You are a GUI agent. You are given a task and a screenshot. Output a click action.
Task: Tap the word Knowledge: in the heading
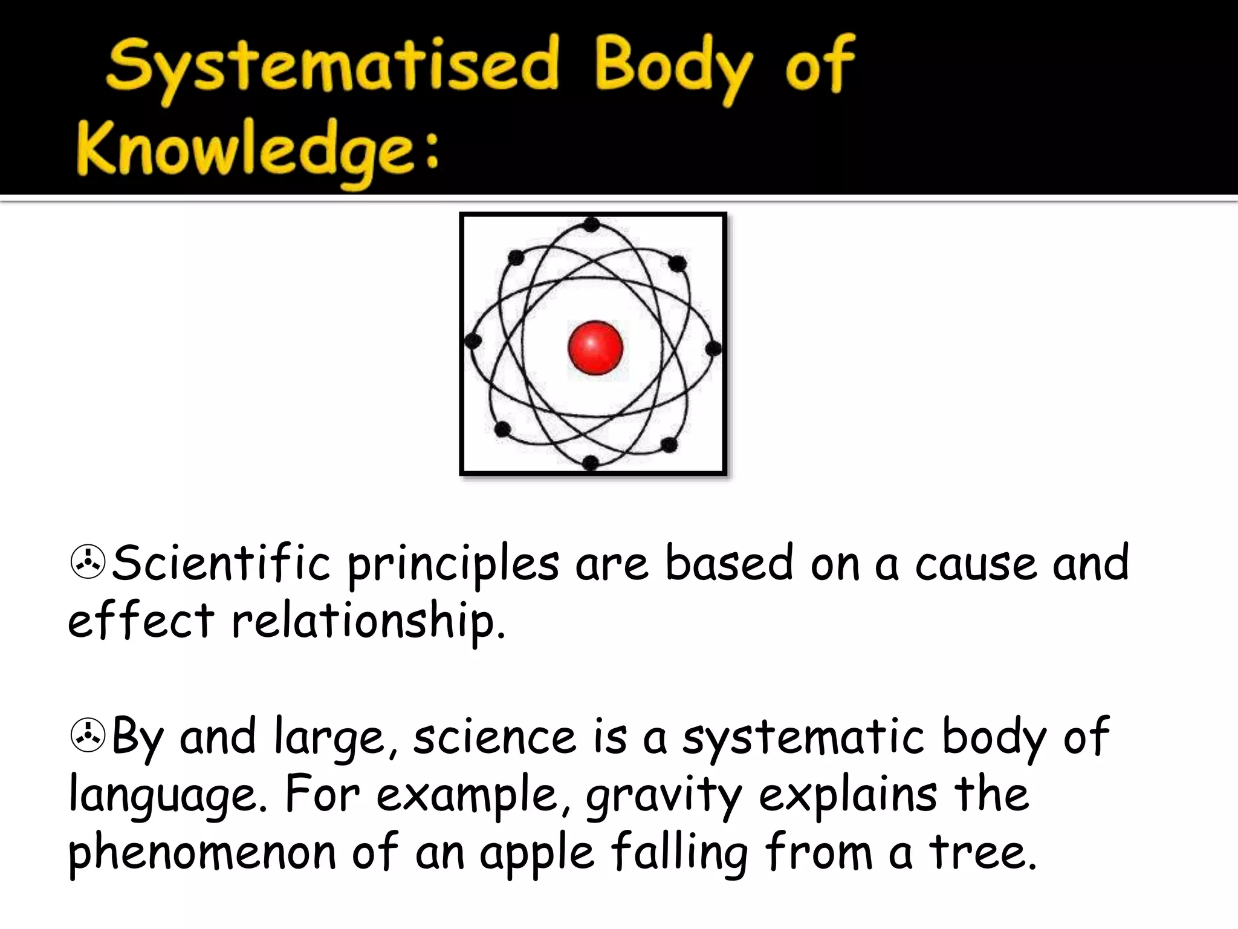point(257,151)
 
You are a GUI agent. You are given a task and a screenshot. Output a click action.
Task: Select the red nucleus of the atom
point(595,347)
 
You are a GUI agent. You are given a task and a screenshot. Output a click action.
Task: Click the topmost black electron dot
point(592,225)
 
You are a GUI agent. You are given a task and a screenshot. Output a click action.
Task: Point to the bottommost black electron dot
point(591,463)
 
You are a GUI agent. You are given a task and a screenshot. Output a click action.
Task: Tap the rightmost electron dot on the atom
point(713,348)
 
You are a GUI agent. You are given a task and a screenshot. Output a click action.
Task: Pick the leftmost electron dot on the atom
point(473,341)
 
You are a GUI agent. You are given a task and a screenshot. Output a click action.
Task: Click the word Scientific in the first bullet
point(221,563)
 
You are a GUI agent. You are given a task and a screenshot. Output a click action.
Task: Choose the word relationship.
point(369,622)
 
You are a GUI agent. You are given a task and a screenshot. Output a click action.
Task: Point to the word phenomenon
point(202,853)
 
